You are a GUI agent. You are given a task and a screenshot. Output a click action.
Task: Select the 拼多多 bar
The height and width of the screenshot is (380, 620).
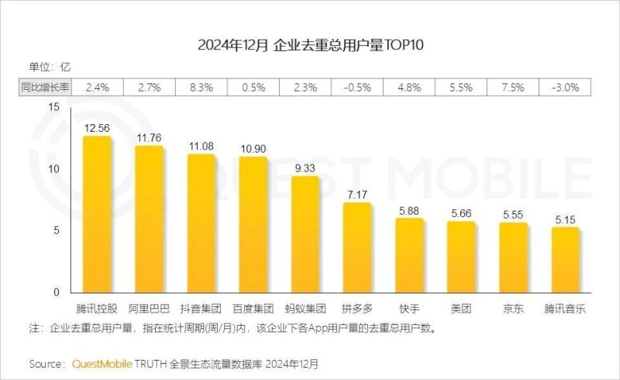point(357,248)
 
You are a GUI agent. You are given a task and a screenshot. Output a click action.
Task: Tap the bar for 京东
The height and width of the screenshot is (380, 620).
point(513,258)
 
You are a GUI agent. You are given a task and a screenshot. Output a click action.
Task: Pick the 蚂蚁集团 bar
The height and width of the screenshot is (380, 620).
point(305,235)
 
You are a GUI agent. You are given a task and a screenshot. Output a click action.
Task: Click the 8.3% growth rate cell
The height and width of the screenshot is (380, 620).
point(201,88)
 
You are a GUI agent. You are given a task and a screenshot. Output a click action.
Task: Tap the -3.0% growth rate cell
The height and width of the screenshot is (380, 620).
point(566,88)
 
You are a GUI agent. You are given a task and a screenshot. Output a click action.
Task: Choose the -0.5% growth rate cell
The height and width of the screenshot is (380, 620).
point(357,88)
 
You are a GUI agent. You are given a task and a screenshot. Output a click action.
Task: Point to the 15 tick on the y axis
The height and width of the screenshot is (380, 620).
point(53,107)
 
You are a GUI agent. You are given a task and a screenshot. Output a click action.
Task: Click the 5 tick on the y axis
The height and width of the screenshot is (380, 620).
point(57,230)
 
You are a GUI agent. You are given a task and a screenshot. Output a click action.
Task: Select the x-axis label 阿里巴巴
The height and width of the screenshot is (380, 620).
point(150,308)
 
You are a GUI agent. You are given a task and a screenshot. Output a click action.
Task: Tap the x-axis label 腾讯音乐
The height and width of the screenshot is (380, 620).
point(565,308)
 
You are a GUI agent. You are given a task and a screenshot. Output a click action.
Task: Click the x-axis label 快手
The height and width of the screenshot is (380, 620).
point(409,308)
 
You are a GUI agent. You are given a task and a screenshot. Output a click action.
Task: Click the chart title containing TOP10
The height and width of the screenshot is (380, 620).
point(311,45)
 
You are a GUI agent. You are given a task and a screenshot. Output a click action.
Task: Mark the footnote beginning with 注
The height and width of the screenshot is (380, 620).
point(232,328)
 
